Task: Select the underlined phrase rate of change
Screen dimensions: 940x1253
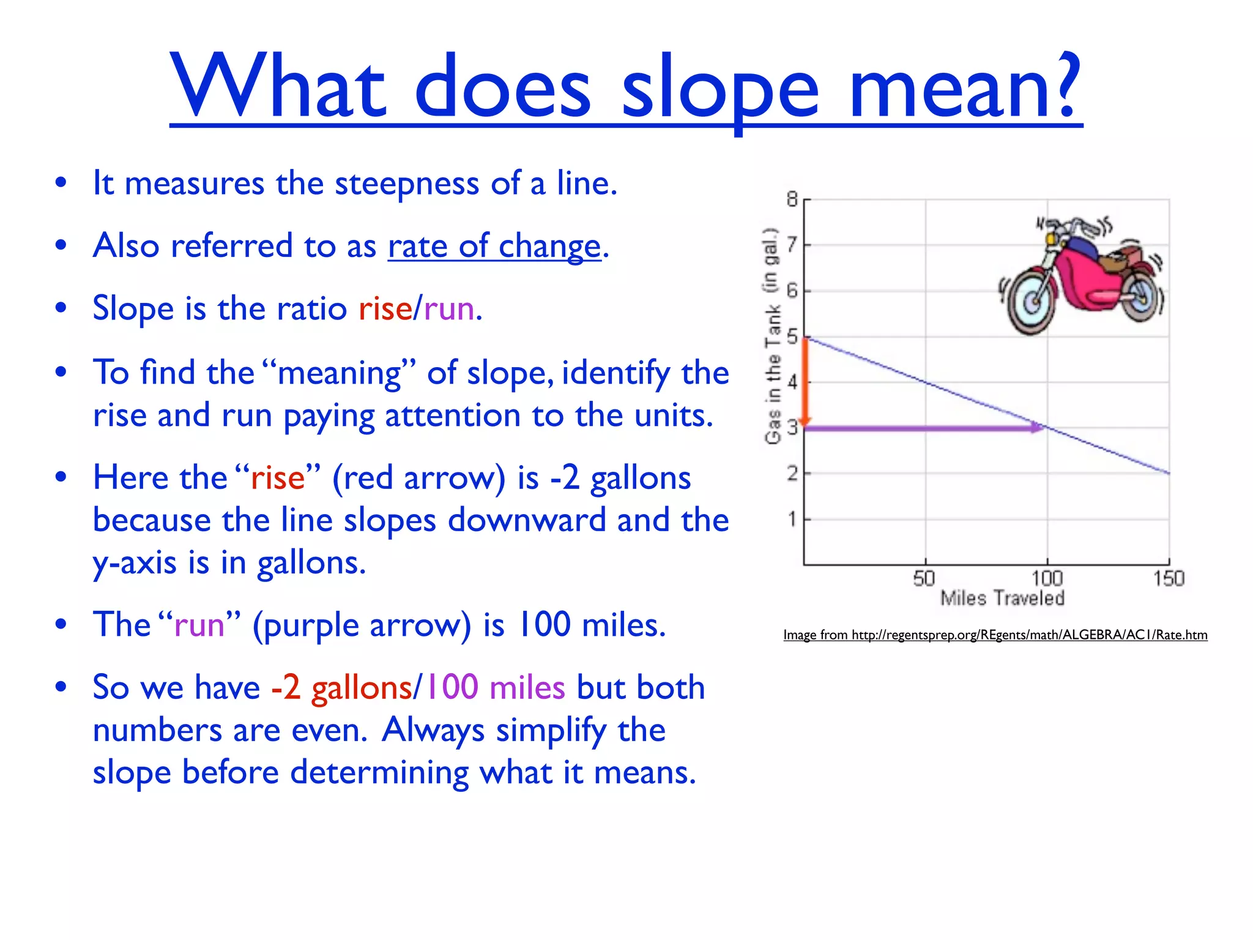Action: [494, 246]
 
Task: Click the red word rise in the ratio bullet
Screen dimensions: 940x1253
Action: [385, 308]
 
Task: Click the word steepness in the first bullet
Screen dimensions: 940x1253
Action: [406, 184]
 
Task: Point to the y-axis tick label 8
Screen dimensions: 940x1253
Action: [792, 200]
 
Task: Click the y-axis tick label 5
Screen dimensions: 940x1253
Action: [792, 337]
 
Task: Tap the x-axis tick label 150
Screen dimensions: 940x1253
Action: [1168, 578]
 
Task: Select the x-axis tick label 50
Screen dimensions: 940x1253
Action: [924, 578]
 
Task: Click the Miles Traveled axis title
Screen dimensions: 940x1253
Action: [1002, 598]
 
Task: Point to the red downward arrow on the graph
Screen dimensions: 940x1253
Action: [806, 382]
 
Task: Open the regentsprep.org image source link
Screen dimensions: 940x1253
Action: [995, 635]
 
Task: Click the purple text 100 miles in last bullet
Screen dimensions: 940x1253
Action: [494, 687]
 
